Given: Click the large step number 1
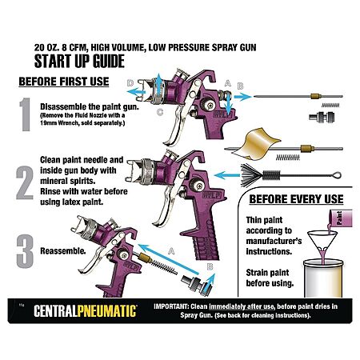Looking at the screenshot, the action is [x=26, y=114].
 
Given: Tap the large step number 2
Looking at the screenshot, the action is [x=25, y=183].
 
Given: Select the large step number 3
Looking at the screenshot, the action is [x=25, y=251].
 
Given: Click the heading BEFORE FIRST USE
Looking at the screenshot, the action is [x=64, y=82].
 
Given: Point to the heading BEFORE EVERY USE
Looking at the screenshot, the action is [x=296, y=199].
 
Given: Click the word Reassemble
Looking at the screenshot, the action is [x=63, y=251].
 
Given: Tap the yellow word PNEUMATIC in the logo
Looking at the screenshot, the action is [x=107, y=311].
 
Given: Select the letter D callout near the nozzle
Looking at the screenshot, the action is [x=130, y=83].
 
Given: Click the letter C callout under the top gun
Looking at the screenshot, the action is [x=160, y=112].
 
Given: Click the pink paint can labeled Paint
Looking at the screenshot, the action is [x=340, y=219].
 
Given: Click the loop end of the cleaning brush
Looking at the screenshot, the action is [x=336, y=175].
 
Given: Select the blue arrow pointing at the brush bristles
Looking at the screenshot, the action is [x=227, y=175].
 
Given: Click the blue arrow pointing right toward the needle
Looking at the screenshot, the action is [x=242, y=97].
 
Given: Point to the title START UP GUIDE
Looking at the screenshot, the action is [x=79, y=61].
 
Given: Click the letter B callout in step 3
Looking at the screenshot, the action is [x=210, y=267].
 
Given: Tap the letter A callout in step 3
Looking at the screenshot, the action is [x=171, y=251].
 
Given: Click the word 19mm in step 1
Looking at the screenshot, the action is [x=48, y=123].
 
